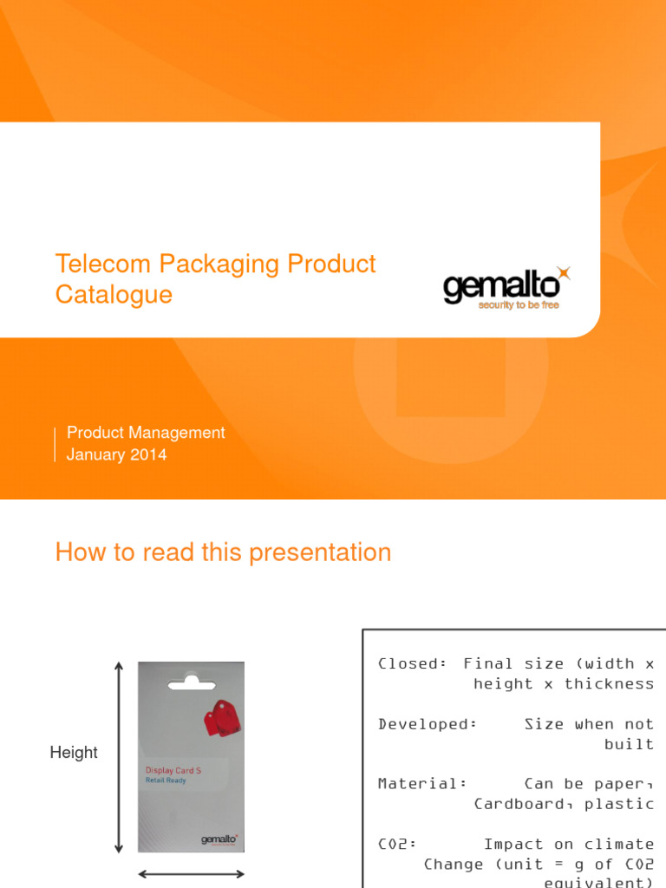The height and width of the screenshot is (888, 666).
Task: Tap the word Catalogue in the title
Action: [114, 295]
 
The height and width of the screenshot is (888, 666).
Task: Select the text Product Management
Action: [146, 433]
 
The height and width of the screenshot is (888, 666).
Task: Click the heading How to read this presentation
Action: [223, 552]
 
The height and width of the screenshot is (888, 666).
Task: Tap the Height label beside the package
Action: [74, 753]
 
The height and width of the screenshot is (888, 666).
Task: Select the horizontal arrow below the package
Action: [192, 875]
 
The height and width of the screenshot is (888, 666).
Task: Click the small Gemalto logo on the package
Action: [219, 839]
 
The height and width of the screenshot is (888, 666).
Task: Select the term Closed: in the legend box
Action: [412, 663]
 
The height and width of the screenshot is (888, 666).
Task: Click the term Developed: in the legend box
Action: [428, 724]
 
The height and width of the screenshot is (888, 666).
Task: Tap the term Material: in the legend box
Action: [422, 783]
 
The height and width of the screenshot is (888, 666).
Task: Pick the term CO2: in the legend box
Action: [397, 844]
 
